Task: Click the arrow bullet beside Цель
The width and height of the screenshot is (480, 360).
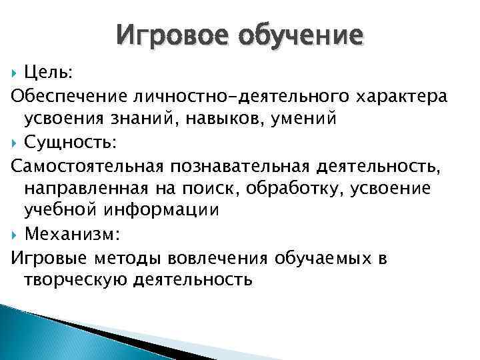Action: [15, 72]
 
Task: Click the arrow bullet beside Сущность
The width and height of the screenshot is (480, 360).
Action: [15, 142]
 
